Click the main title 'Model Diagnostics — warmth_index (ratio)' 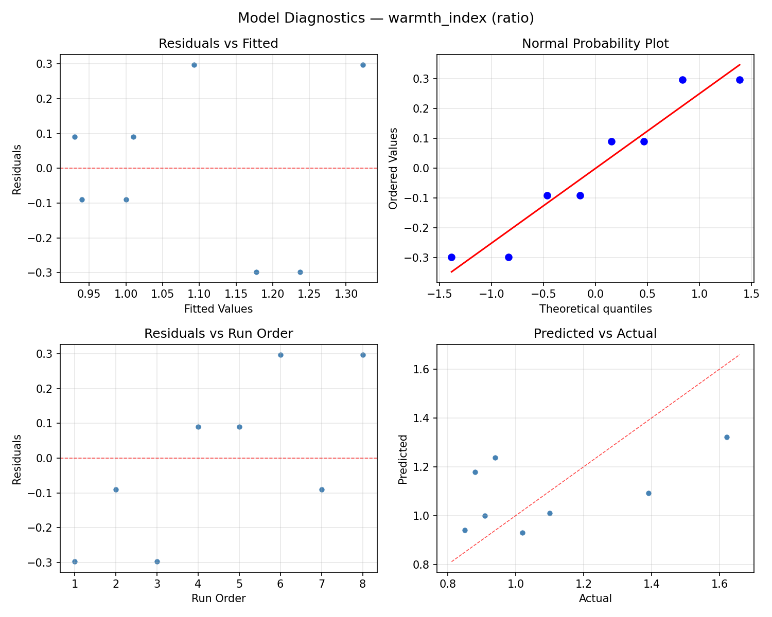385,18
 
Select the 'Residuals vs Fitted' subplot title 218,44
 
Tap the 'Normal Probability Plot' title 595,44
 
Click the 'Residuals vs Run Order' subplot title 218,334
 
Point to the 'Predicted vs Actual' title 595,334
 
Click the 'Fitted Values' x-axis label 218,309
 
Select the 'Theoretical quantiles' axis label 595,309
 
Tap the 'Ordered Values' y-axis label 393,168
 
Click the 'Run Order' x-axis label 218,598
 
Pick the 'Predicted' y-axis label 403,459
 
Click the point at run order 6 280,355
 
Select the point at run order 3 157,561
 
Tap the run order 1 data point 75,561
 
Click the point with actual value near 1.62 727,437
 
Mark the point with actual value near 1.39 648,493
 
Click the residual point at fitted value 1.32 363,65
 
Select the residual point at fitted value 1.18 256,272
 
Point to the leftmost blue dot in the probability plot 451,257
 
